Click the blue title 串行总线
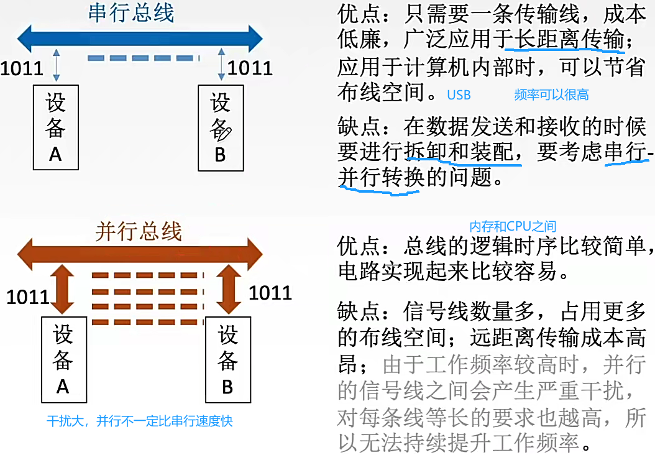click(131, 12)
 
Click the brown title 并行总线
click(139, 231)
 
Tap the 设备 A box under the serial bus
click(55, 127)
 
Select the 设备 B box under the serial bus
click(220, 127)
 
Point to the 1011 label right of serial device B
click(250, 68)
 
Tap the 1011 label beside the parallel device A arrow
click(28, 296)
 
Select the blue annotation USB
click(459, 95)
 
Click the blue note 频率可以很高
click(551, 95)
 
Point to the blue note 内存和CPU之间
click(513, 226)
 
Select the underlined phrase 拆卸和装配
click(462, 152)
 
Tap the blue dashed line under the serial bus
click(143, 59)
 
